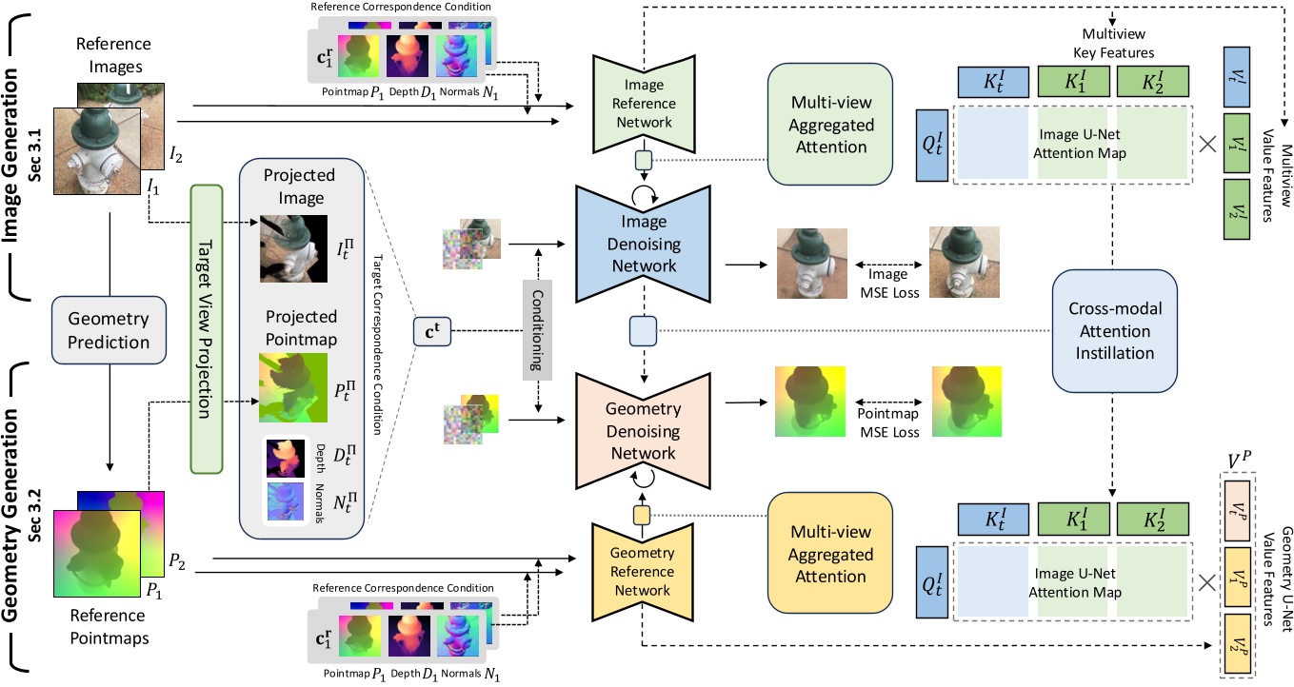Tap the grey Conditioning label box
click(539, 331)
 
